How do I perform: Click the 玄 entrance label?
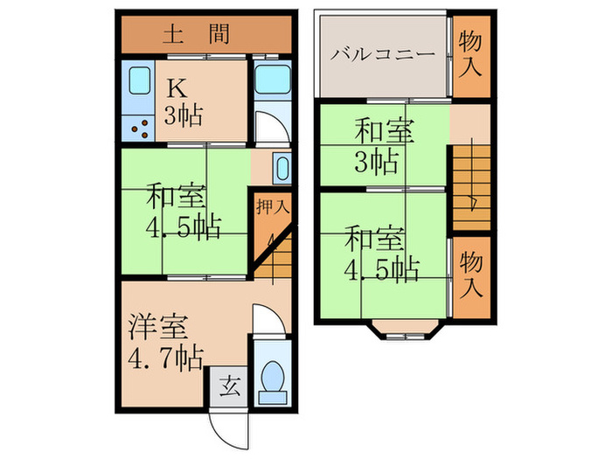click(x=228, y=386)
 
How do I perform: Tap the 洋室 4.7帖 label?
click(x=165, y=344)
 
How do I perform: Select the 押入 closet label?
click(x=268, y=208)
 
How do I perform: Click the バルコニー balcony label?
click(x=382, y=55)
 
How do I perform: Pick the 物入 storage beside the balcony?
click(x=471, y=55)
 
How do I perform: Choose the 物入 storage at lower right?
click(x=471, y=274)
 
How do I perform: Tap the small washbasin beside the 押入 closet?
click(x=282, y=167)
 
